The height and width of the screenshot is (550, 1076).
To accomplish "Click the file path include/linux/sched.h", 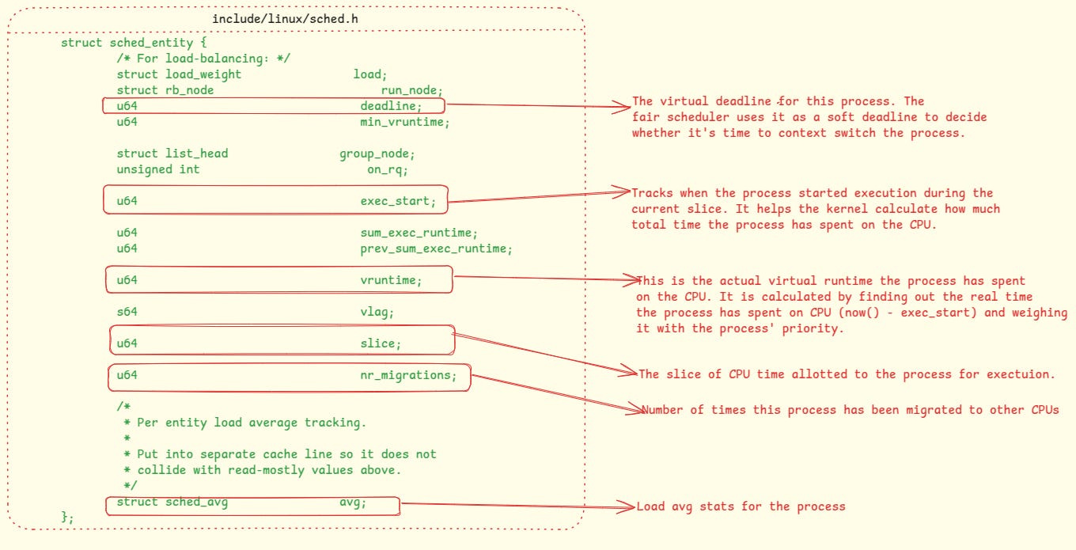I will tap(290, 17).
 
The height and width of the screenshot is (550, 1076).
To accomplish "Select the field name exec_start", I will tap(397, 201).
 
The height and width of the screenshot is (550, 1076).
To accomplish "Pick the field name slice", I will tap(381, 343).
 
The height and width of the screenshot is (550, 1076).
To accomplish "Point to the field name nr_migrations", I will tap(408, 375).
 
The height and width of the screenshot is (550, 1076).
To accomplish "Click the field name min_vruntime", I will tap(404, 122).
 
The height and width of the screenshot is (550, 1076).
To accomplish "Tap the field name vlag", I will tap(377, 312).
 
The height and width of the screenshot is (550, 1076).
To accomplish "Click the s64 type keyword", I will tap(127, 312).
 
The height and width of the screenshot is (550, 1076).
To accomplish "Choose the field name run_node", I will tap(411, 90).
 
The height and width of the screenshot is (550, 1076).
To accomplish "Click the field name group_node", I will tap(377, 154).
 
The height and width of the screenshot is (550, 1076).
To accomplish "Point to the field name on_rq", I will tap(387, 169).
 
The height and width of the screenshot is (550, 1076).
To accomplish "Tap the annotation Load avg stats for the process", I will tap(741, 506).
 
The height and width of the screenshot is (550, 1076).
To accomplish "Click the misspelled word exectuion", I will tap(1020, 374).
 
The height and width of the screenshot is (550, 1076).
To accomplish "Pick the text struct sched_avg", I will tap(172, 503).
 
